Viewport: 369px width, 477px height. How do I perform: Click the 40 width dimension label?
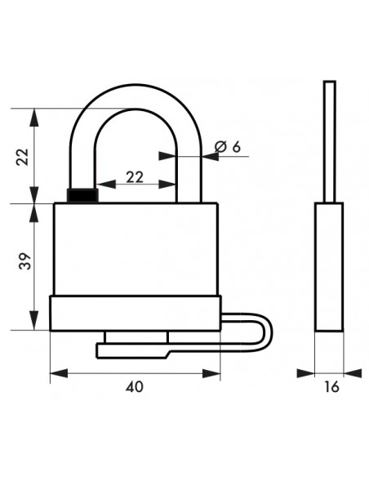135,387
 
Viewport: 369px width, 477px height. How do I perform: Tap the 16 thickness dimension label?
331,387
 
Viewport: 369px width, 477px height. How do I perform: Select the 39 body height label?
25,261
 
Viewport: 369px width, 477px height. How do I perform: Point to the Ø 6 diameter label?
228,147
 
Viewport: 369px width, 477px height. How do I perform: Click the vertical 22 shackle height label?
22,157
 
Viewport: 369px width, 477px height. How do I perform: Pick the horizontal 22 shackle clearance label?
135,177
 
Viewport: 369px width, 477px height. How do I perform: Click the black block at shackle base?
82,195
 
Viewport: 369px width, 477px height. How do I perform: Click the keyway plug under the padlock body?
136,337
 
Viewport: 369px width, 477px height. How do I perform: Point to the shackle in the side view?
330,141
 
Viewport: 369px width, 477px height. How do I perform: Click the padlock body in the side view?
330,267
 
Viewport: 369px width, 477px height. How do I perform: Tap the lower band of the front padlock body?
136,314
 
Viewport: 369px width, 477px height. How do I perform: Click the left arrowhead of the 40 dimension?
58,373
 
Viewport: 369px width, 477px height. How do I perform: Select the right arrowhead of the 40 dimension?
211,373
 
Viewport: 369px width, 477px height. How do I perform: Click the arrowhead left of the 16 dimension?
306,373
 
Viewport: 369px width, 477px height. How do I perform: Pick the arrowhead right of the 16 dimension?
353,373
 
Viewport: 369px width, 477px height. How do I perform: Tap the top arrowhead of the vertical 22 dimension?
34,117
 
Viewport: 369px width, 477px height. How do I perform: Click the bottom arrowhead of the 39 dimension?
34,321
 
